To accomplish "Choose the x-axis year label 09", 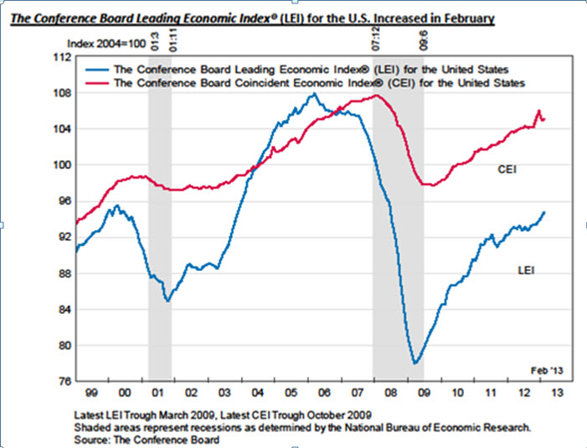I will pos(424,392).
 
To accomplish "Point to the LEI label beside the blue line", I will pos(526,270).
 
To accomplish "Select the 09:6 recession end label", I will pos(422,38).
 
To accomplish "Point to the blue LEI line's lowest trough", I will pos(415,363).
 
